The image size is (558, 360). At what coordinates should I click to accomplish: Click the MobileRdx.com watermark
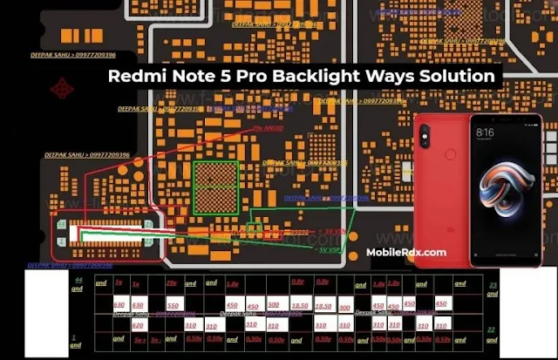(x=405, y=252)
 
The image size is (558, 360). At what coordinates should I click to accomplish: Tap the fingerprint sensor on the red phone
(x=450, y=153)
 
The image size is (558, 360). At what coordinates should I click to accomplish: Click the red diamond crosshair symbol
(x=61, y=88)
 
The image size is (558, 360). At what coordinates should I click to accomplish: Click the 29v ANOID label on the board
(x=269, y=128)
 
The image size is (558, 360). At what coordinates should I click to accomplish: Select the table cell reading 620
(x=138, y=323)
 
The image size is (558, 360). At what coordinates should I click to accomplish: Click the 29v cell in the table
(x=172, y=284)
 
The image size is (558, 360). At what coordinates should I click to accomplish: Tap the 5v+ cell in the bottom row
(x=133, y=338)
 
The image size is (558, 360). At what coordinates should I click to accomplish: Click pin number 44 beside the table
(x=78, y=279)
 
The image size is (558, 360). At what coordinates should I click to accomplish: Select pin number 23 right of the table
(x=493, y=284)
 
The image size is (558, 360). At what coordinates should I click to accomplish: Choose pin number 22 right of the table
(x=493, y=329)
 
